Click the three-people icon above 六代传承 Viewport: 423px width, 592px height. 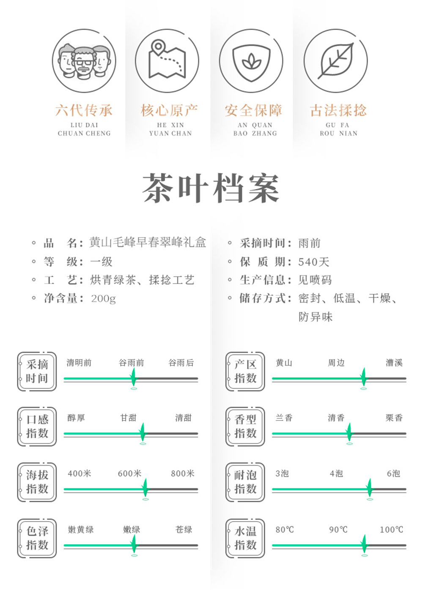(84, 61)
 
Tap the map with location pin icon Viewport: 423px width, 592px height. (167, 61)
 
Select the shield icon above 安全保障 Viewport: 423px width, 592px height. (251, 61)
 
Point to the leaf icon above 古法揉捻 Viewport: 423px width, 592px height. (336, 61)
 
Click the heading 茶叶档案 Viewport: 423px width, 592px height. (211, 188)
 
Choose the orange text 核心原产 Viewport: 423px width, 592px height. (169, 111)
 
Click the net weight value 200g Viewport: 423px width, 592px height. (103, 299)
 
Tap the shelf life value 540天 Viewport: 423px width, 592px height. (313, 262)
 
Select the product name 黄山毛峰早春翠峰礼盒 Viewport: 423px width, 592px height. (148, 243)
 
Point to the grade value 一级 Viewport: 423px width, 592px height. (102, 262)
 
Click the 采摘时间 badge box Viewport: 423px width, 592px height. (37, 371)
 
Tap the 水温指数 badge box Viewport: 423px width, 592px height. (245, 538)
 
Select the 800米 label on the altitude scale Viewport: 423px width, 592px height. (183, 474)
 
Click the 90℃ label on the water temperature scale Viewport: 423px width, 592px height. (338, 529)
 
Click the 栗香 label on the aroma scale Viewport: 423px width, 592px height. (394, 418)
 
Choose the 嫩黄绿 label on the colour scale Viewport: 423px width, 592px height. (81, 529)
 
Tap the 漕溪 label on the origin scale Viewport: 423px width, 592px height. (394, 363)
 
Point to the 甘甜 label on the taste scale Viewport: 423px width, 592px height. (128, 418)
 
